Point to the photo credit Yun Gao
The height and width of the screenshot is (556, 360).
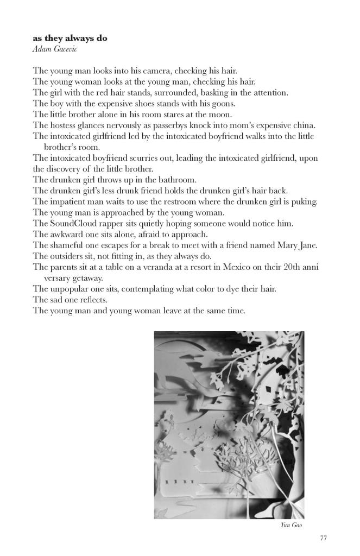(x=293, y=525)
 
